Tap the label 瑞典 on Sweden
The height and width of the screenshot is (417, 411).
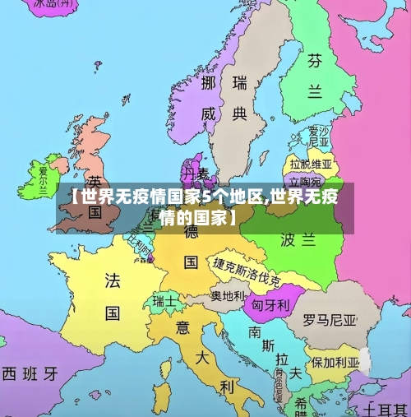click(240, 98)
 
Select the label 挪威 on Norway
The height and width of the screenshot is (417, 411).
click(209, 99)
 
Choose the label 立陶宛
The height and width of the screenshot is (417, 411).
click(304, 181)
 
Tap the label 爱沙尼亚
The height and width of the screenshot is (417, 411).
click(318, 137)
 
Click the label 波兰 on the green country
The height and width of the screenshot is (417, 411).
click(298, 239)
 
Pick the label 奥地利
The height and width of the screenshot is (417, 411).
click(228, 294)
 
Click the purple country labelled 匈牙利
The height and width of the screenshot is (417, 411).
click(270, 305)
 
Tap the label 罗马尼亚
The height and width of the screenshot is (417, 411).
click(330, 318)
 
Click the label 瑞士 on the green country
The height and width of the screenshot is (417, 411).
click(164, 301)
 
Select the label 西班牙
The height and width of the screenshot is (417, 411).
click(30, 373)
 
